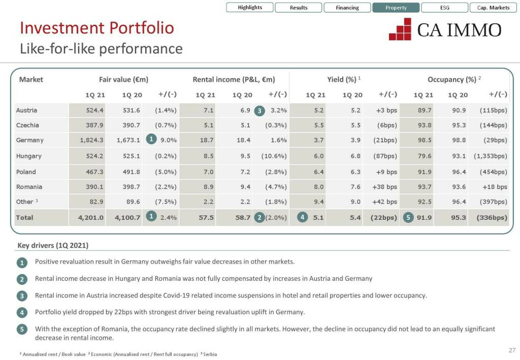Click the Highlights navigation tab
coord(250,8)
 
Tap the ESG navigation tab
coord(444,8)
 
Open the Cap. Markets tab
coord(493,8)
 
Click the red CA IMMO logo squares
coord(400,29)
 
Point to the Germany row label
coord(30,140)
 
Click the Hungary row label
coord(29,156)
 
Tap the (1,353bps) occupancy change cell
coord(490,156)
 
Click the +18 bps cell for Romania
coord(495,187)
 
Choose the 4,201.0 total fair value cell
coord(91,218)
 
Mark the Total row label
coord(24,218)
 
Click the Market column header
coord(31,79)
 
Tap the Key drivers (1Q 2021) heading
coord(53,246)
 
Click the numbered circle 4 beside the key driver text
coord(22,312)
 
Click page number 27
coord(511,350)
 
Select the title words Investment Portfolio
coord(96,28)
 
